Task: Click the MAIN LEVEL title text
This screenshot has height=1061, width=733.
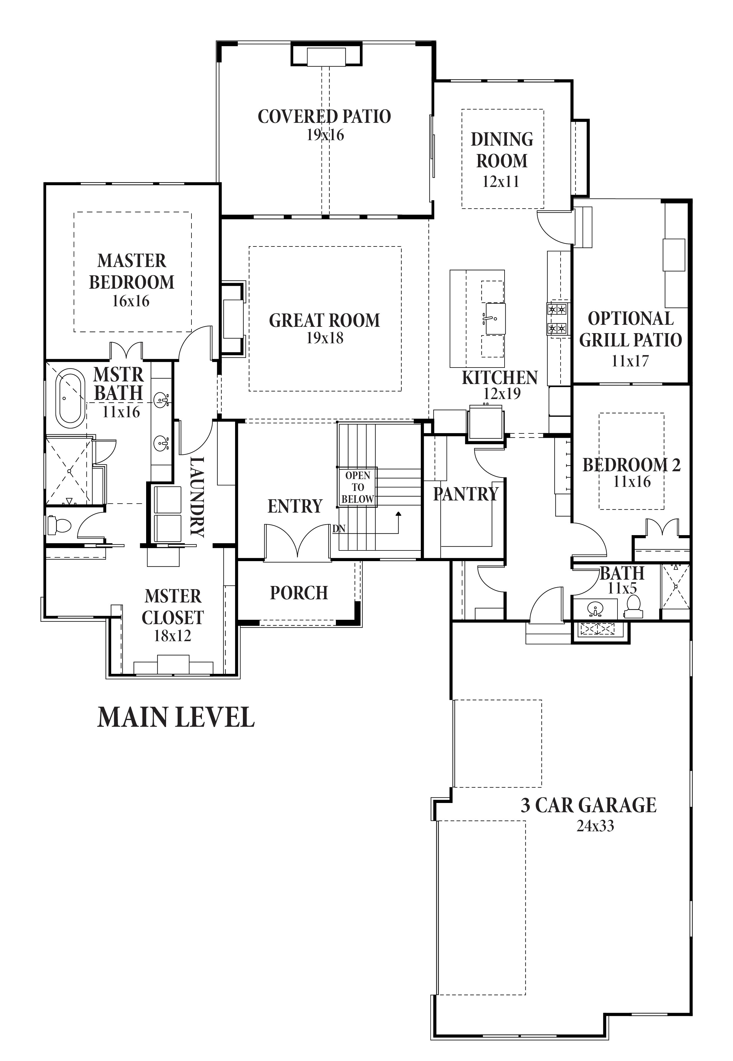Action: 176,717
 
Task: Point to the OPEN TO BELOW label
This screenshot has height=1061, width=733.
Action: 358,487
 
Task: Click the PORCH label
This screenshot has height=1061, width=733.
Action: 299,593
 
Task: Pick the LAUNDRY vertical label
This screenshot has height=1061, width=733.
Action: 197,497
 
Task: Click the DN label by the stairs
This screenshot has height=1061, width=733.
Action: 339,529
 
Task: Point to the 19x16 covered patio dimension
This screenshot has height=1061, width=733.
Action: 325,135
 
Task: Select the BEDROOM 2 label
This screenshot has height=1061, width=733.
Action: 632,465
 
